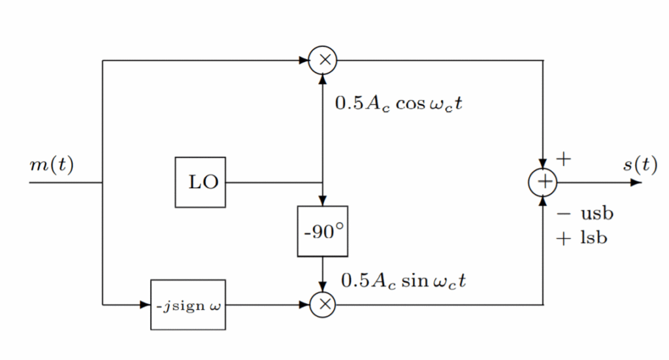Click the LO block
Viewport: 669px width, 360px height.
point(201,182)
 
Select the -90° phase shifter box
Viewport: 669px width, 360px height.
point(323,231)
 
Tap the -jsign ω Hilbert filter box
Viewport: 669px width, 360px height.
point(188,305)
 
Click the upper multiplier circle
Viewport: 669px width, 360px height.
point(323,61)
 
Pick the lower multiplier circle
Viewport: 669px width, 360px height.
point(323,304)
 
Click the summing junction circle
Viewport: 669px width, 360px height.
point(543,182)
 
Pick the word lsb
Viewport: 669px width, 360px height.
point(593,238)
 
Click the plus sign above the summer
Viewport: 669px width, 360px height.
point(563,159)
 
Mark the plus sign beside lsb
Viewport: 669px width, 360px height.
point(563,238)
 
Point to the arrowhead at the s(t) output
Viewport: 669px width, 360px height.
point(636,182)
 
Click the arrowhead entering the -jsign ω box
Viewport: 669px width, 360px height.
point(146,305)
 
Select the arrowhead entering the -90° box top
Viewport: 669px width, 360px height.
point(323,201)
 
